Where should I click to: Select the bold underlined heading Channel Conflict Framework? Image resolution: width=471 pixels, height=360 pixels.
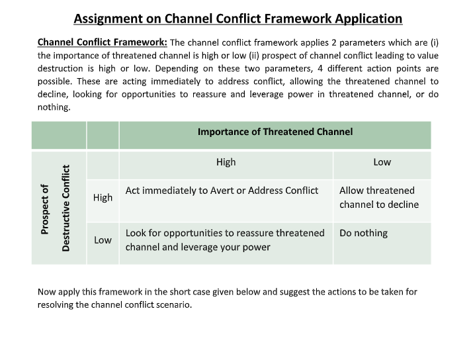point(102,42)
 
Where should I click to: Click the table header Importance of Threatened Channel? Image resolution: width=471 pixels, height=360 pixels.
point(275,132)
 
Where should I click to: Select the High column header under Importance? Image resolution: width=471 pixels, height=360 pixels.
point(226,162)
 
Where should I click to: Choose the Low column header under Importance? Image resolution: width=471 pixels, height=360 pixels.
point(382,162)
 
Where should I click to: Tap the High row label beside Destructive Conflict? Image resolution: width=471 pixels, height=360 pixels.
point(103,197)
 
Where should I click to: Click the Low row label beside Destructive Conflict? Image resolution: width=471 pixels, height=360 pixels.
point(103,240)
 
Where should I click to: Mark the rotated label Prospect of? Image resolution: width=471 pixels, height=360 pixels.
point(45,208)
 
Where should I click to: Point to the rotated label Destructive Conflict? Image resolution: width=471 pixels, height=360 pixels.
point(65,208)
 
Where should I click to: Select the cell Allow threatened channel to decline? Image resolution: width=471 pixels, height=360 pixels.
point(378,197)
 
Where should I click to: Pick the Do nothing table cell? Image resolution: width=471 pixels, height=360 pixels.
point(363,233)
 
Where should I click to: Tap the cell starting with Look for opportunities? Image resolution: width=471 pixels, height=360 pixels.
point(225,240)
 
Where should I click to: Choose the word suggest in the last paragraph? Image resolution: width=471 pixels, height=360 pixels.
point(306,292)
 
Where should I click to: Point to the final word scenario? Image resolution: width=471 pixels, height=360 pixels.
point(173,305)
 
